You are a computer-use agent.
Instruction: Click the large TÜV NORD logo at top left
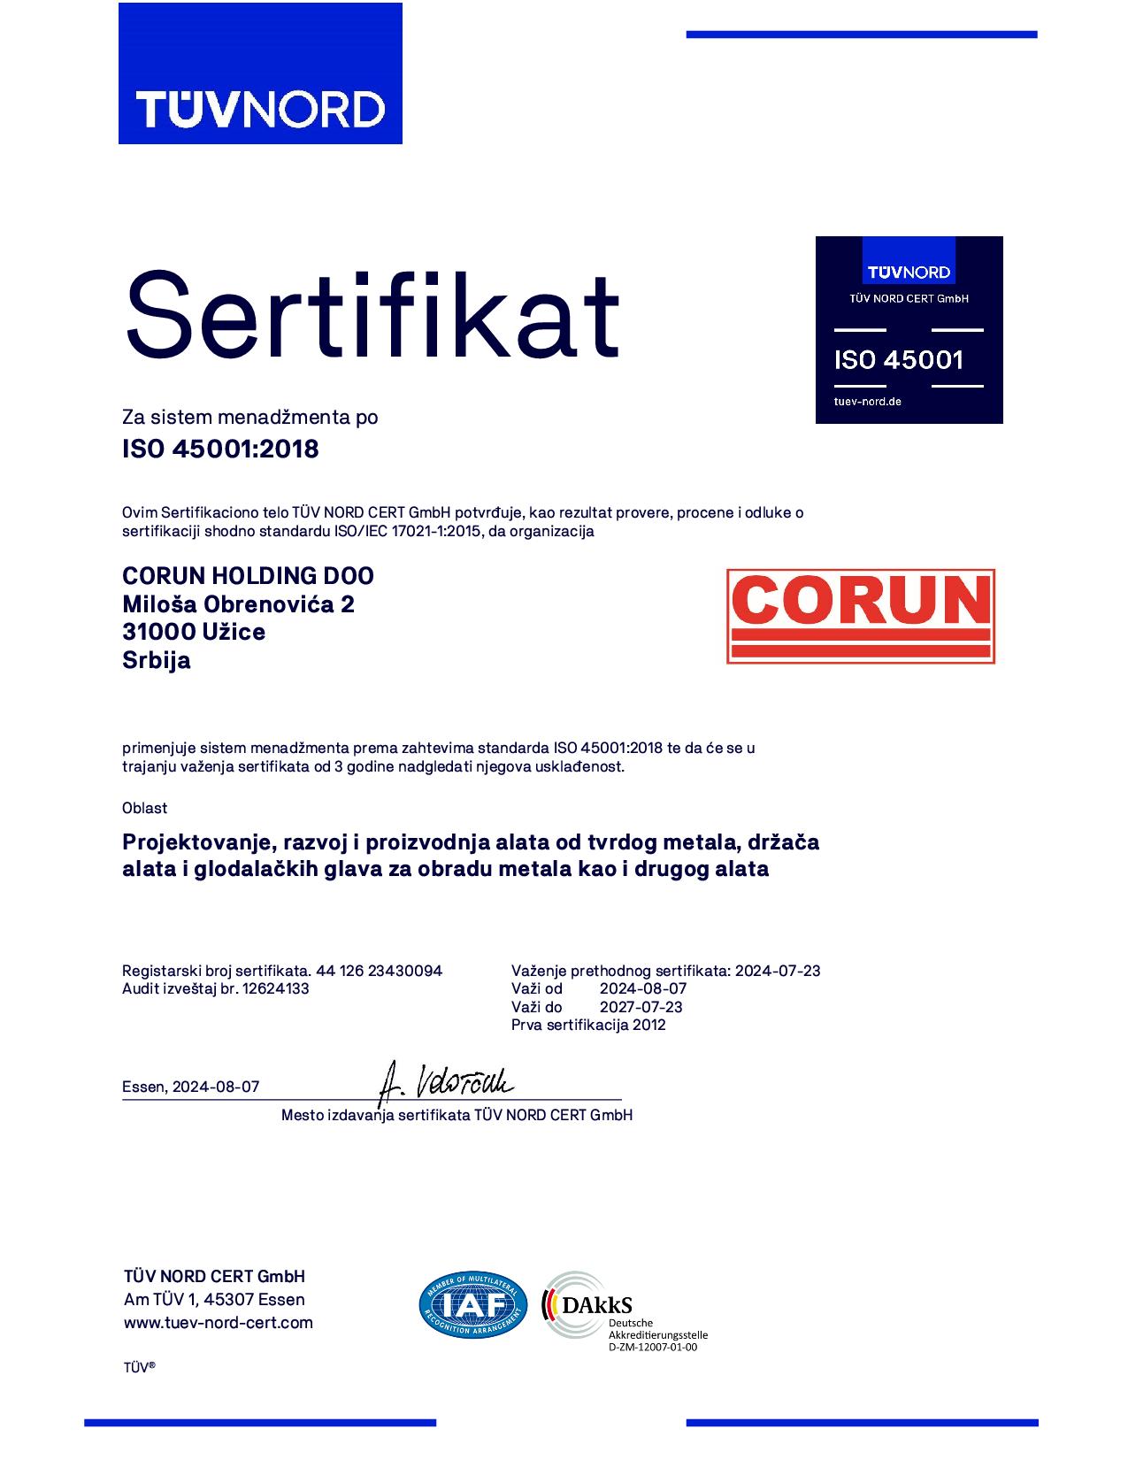click(260, 73)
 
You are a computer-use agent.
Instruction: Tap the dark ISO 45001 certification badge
click(909, 330)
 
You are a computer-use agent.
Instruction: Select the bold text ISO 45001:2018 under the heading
click(220, 449)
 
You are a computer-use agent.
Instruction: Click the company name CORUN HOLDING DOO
click(248, 575)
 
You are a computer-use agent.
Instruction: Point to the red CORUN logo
click(860, 616)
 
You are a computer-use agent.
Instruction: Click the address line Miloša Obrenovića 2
click(238, 603)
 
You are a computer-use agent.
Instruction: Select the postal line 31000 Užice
click(194, 632)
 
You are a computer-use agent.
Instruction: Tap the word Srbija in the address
click(156, 660)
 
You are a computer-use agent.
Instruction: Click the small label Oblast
click(144, 808)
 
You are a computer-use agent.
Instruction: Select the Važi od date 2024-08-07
click(643, 988)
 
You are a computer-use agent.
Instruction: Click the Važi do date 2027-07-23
click(641, 1007)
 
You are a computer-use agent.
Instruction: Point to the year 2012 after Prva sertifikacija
click(648, 1025)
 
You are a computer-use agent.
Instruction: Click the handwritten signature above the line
click(446, 1080)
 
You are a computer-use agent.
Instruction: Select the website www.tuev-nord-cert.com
click(219, 1323)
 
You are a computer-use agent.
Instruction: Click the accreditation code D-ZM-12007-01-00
click(653, 1348)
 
